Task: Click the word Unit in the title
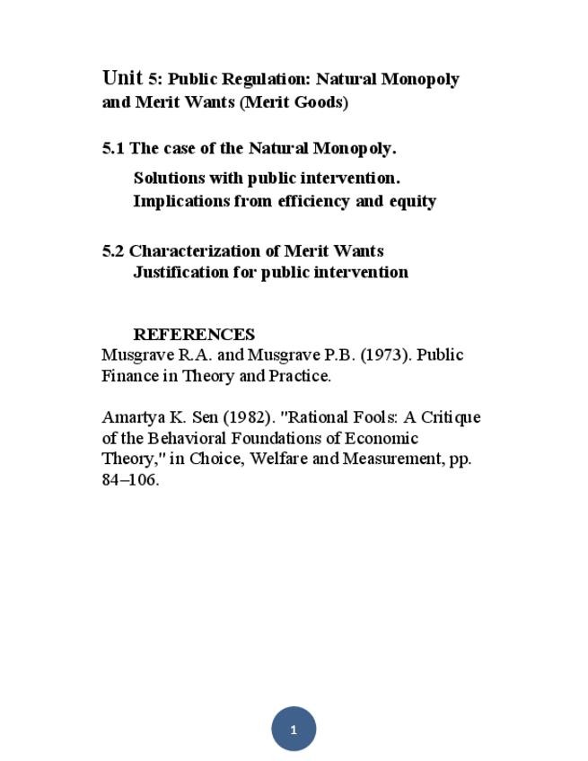point(122,78)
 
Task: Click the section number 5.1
point(113,148)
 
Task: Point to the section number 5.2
point(113,250)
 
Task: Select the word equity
point(412,201)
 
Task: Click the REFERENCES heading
point(194,335)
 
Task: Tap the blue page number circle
point(294,729)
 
